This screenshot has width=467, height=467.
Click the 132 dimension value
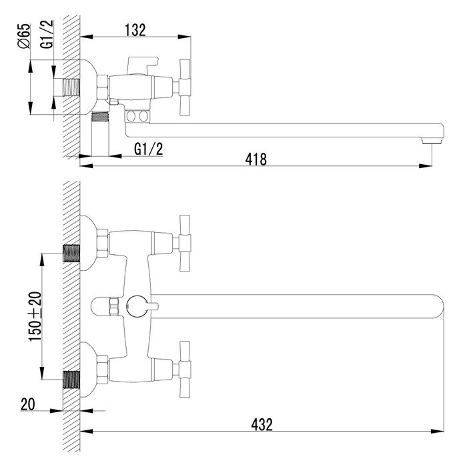tap(135, 30)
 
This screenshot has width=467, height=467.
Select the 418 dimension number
tap(256, 159)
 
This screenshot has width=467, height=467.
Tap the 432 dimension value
tap(262, 424)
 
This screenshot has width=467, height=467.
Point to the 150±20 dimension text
tap(35, 317)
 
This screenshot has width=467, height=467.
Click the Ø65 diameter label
tap(24, 36)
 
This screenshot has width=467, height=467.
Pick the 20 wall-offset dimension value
tap(28, 404)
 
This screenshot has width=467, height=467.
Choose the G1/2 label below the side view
tap(149, 149)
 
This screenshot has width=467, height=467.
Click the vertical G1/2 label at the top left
tap(47, 34)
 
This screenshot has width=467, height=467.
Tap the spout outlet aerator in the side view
tap(432, 139)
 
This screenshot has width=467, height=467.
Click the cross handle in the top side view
tap(184, 87)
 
